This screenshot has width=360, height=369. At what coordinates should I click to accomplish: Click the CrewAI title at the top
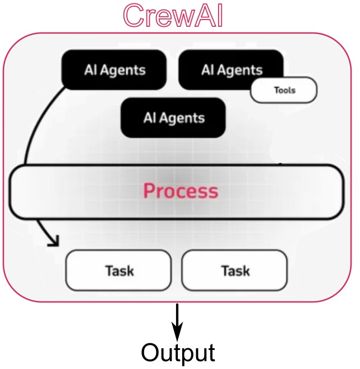coord(173,16)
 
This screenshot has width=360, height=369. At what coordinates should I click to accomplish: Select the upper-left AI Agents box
coord(114,70)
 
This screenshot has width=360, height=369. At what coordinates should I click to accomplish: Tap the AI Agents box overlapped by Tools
coord(231,70)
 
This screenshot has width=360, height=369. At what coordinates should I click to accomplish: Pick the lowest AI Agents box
coord(173,117)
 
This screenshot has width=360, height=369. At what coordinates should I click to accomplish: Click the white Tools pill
coord(284,90)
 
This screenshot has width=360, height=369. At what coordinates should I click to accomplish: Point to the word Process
coord(181,191)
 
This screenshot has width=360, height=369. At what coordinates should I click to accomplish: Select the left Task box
coord(119,271)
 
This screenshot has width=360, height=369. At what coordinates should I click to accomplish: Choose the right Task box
coord(234,271)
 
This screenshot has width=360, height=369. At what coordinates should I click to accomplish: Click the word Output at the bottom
coord(178,353)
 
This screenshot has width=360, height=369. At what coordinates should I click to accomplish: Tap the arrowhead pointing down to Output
coord(177,332)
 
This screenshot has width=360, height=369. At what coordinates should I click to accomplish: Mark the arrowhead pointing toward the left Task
coord(55,241)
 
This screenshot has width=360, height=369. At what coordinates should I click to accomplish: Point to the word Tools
coord(285,90)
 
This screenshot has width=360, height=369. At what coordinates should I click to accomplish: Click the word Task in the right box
coord(235,271)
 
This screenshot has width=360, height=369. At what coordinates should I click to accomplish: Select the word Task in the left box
coord(120,271)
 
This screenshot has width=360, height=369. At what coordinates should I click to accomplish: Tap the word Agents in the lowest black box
coord(182,119)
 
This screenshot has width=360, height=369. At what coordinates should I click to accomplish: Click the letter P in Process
coord(149,191)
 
